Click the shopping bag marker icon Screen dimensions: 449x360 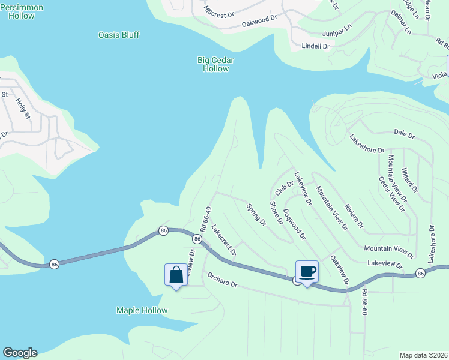[x=176, y=275]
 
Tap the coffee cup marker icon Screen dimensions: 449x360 [x=307, y=272]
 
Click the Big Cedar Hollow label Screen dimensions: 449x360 [x=215, y=64]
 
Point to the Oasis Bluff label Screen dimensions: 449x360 [x=119, y=35]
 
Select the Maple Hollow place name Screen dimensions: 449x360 [x=142, y=310]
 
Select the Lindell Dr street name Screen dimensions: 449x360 [x=316, y=46]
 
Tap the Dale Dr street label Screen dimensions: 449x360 [x=404, y=134]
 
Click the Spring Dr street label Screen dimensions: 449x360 [x=256, y=214]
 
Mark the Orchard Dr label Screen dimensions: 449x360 [x=223, y=280]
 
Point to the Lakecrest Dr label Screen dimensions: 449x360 [x=224, y=240]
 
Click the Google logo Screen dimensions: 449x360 [x=20, y=353]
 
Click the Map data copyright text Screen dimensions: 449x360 [x=423, y=355]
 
